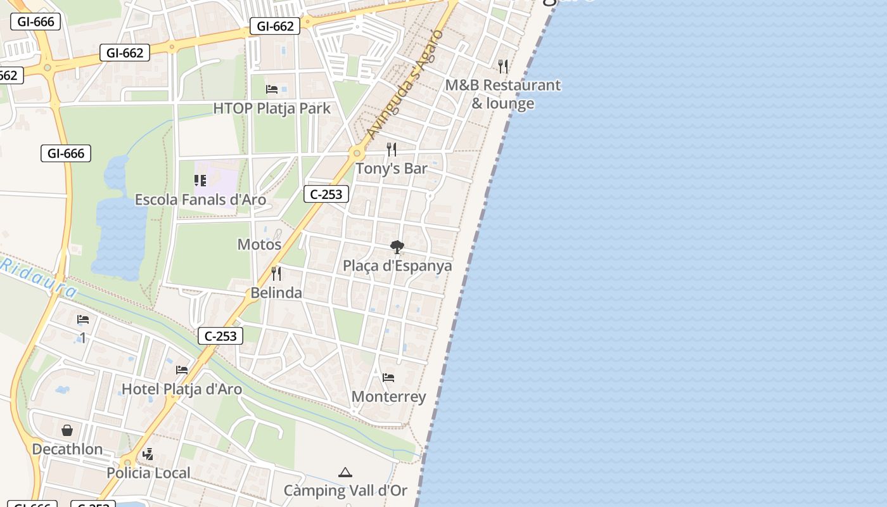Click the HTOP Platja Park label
272,108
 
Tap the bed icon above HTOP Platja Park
272,89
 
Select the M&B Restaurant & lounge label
503,94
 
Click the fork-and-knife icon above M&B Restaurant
503,65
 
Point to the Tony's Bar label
391,169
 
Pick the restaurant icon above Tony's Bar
392,150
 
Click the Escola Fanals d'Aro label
200,200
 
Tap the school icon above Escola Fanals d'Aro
200,181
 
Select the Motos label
259,244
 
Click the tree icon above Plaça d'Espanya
397,247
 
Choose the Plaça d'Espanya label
397,266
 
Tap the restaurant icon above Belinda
276,274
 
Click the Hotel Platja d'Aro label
182,388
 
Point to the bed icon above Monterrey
388,378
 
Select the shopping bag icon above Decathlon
67,431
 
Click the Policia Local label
148,473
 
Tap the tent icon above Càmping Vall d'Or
345,472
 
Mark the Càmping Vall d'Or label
345,491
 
